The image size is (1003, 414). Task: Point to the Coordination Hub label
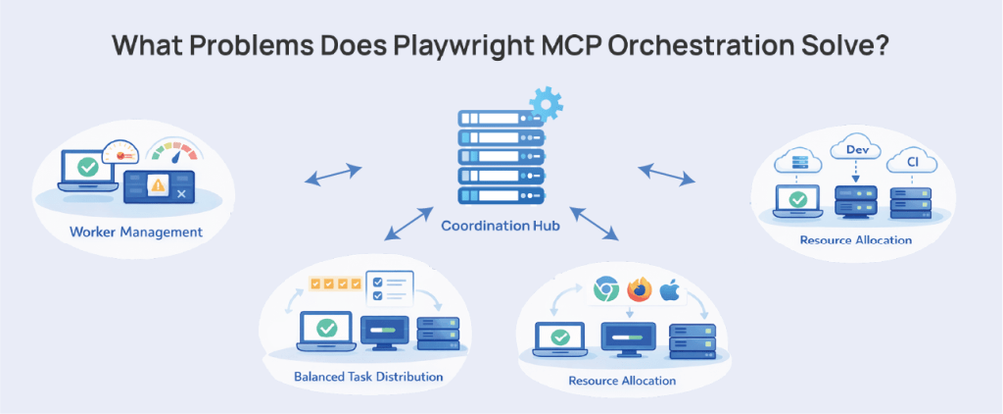pyautogui.click(x=501, y=227)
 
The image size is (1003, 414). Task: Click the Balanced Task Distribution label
pyautogui.click(x=367, y=376)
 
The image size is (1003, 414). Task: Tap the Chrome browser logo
pyautogui.click(x=606, y=289)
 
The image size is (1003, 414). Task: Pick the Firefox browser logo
pyautogui.click(x=639, y=290)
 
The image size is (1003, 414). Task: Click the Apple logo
pyautogui.click(x=671, y=289)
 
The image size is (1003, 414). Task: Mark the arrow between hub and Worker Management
pyautogui.click(x=332, y=175)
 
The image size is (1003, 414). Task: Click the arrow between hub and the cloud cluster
pyautogui.click(x=666, y=174)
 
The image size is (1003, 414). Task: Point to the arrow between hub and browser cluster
pyautogui.click(x=597, y=223)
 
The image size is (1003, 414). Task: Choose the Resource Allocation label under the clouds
pyautogui.click(x=855, y=239)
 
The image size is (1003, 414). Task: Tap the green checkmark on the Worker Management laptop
pyautogui.click(x=88, y=168)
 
